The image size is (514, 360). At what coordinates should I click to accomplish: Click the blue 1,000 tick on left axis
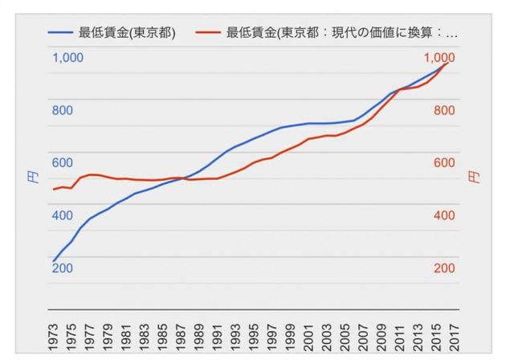67,57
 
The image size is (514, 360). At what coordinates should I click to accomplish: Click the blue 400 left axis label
63,215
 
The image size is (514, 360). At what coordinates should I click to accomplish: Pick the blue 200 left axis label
63,268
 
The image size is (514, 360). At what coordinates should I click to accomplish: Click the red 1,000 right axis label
439,57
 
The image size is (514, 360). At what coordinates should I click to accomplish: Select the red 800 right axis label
444,110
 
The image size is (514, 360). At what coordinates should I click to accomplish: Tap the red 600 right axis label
444,162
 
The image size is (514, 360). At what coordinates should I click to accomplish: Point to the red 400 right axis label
444,215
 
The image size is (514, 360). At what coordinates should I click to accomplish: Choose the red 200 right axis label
444,268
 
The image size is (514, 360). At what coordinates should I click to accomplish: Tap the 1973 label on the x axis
53,333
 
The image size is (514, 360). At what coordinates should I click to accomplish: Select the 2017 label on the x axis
455,333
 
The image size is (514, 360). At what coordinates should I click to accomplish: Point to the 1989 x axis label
199,333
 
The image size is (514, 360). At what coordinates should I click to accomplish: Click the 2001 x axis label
309,333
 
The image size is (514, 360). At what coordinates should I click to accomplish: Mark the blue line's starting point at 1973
53,260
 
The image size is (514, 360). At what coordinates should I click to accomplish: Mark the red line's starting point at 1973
53,190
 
